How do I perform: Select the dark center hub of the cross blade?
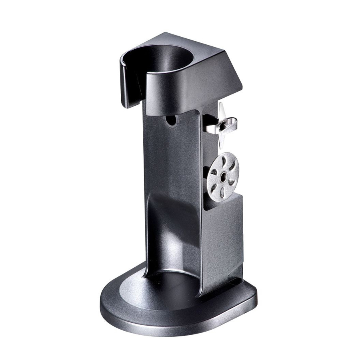[219, 125]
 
